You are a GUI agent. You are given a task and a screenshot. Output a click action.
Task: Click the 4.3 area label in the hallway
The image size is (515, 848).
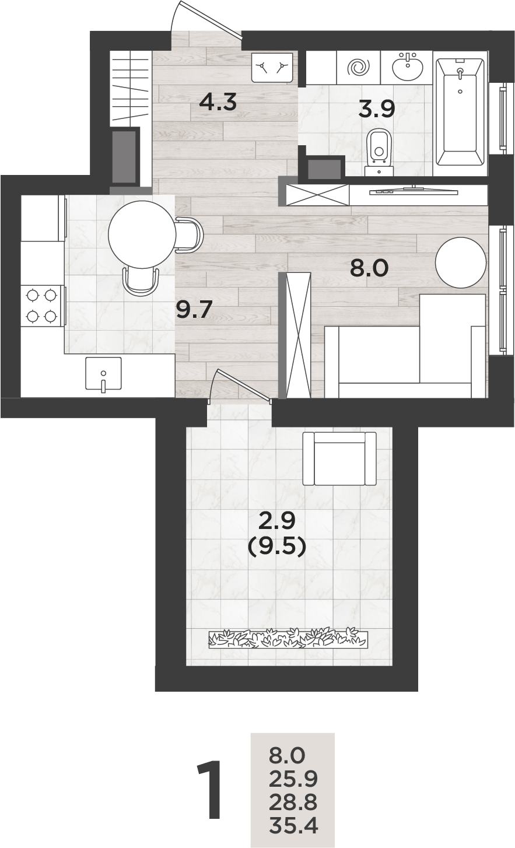click(218, 102)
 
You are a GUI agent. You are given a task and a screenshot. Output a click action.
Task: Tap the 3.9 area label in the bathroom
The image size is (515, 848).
click(376, 110)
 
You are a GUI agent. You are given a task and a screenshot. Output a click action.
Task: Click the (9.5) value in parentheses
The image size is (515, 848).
click(276, 546)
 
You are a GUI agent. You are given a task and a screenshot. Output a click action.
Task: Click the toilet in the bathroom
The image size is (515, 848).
click(380, 153)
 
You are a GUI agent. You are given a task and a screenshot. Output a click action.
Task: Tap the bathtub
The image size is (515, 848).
click(461, 111)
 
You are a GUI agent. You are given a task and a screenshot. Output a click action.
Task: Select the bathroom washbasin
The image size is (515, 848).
click(407, 66)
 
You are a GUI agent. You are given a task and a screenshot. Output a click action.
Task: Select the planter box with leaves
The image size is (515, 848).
click(288, 639)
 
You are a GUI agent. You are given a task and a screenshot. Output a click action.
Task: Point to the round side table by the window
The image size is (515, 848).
click(461, 262)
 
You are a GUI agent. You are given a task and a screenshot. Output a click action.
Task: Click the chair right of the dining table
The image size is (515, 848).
click(189, 234)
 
